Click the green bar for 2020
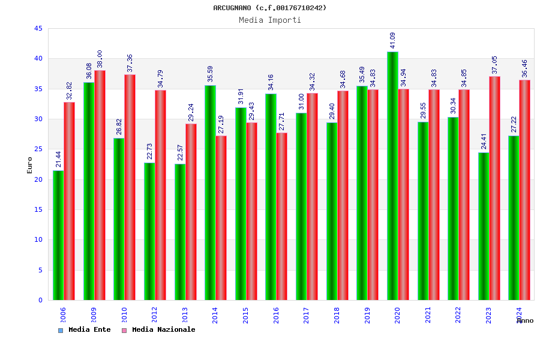[392, 176]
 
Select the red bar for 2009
[100, 185]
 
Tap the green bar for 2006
[58, 235]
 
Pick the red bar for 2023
[494, 188]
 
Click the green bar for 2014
[210, 193]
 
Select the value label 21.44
[59, 159]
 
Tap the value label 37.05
[495, 65]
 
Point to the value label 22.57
[180, 152]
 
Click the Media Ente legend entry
[85, 329]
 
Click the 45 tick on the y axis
[38, 28]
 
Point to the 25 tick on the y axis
[38, 149]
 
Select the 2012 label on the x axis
[154, 315]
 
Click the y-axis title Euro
[30, 165]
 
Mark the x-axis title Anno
[525, 321]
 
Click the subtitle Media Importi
[270, 20]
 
